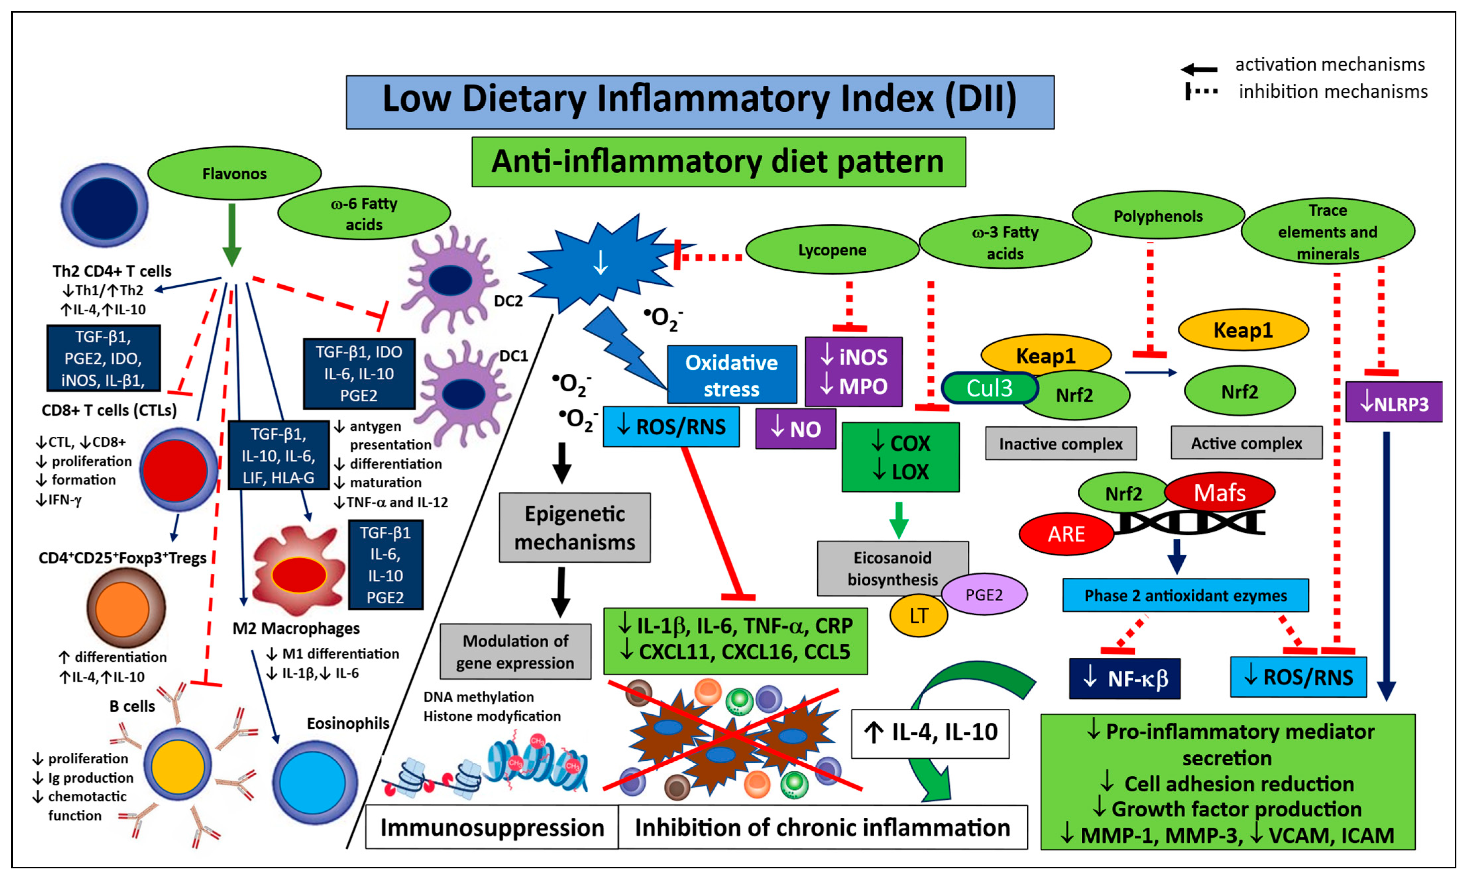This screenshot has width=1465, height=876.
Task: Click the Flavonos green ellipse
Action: click(234, 173)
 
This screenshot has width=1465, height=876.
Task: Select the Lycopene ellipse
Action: click(832, 250)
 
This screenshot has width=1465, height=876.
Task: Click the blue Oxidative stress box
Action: click(732, 375)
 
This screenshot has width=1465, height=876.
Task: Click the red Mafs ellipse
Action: click(1220, 492)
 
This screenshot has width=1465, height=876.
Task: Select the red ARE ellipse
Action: click(1066, 534)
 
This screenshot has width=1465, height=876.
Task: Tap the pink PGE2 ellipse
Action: click(984, 594)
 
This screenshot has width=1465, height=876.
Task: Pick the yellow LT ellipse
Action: click(918, 616)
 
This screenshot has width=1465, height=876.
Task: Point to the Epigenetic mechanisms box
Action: click(575, 528)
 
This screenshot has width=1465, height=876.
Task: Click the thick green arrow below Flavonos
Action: click(232, 235)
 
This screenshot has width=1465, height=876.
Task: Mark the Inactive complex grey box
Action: click(1061, 443)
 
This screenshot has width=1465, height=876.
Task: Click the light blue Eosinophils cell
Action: click(315, 782)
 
